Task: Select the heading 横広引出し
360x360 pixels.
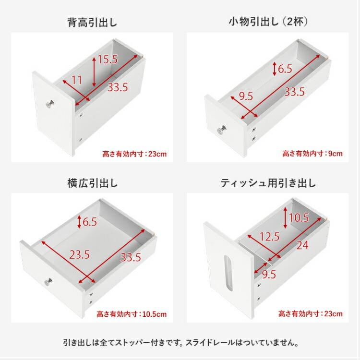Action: point(92,183)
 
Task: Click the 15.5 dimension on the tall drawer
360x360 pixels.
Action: point(108,60)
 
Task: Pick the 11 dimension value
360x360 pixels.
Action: point(77,79)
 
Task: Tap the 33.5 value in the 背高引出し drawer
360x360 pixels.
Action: point(118,87)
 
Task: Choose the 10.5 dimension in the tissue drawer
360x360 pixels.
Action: point(299,217)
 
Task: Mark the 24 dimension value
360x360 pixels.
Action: point(302,245)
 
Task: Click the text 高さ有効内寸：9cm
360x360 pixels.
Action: point(312,154)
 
